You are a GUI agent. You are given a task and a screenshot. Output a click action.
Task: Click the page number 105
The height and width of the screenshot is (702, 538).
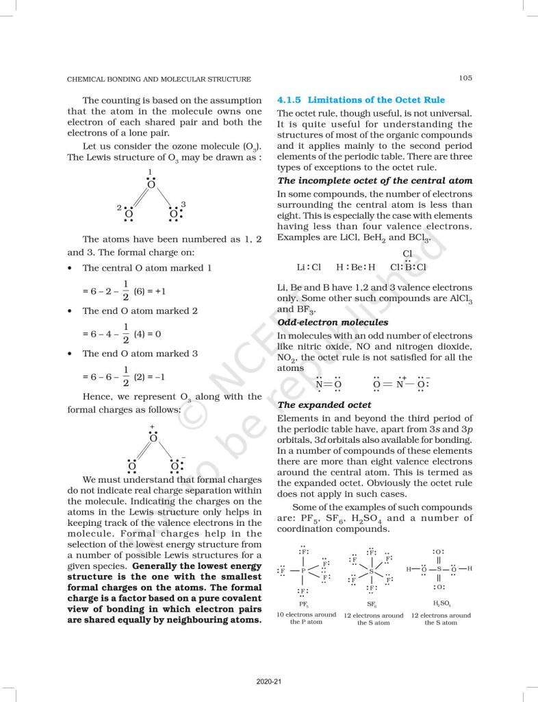[x=465, y=78]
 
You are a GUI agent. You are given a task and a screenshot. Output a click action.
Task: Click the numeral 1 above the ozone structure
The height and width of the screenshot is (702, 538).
[x=150, y=171]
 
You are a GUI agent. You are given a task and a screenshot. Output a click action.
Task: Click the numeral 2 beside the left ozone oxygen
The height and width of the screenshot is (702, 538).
[x=119, y=207]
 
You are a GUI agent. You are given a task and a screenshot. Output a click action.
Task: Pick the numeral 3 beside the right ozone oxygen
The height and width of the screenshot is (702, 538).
[x=183, y=205]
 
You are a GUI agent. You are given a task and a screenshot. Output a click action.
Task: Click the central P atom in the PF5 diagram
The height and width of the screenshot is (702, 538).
[x=303, y=570]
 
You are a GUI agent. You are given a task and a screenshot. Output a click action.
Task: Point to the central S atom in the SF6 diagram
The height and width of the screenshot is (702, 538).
[x=371, y=570]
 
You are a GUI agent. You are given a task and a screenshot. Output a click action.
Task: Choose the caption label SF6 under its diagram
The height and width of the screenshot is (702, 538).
[x=372, y=605]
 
